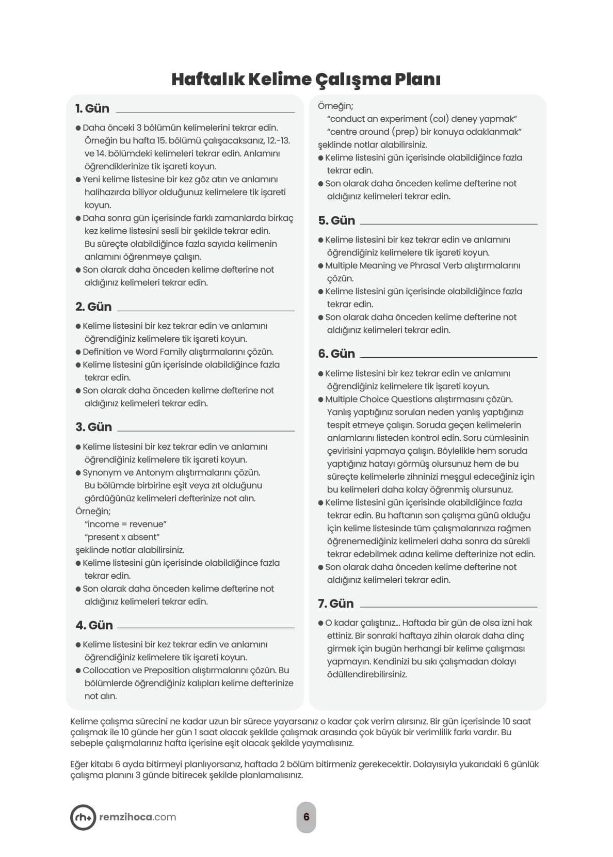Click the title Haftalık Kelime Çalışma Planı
tap(306, 80)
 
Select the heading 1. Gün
tap(92, 108)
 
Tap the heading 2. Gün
tap(93, 307)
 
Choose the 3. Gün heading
tap(93, 427)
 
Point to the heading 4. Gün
tap(94, 625)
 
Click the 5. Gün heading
tap(336, 220)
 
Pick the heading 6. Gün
tap(336, 354)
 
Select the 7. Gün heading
tap(336, 604)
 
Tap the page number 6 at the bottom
tap(306, 817)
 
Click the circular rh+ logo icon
tap(83, 817)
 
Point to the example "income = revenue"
tap(125, 524)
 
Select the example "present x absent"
tap(122, 537)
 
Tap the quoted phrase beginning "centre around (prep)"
tap(424, 132)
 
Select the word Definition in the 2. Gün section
tap(102, 352)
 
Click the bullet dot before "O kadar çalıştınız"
tap(321, 623)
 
